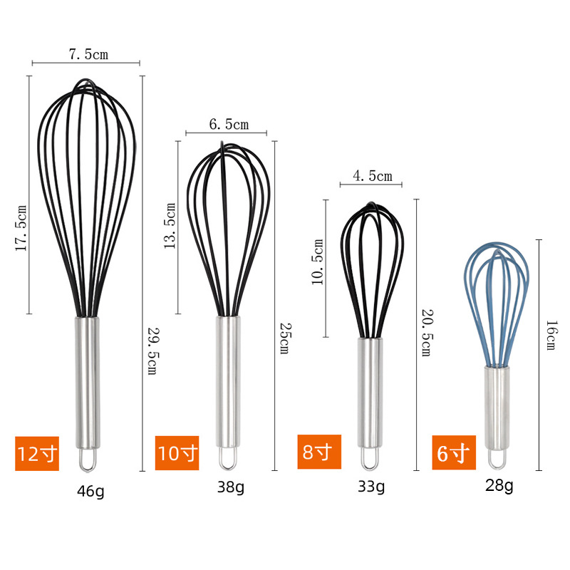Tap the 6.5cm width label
(229, 125)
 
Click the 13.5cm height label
(170, 224)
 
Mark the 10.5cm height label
(318, 261)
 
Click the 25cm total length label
(283, 338)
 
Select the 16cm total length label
(549, 334)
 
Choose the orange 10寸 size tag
(178, 452)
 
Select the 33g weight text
(370, 487)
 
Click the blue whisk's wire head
(498, 299)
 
